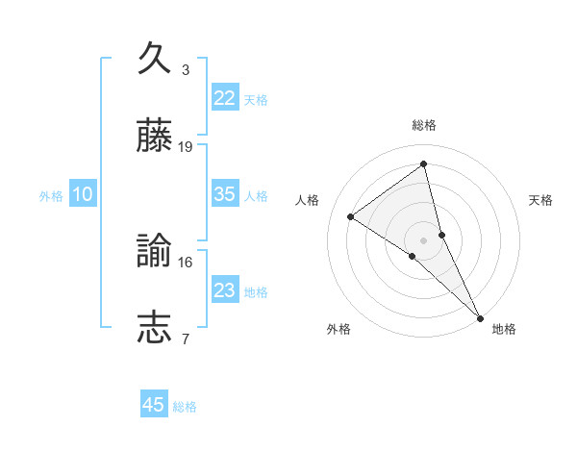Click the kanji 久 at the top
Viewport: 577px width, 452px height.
155,58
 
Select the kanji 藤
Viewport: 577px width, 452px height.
155,137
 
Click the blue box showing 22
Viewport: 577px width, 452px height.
224,98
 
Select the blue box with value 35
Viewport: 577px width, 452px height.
224,194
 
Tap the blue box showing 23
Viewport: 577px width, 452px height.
224,290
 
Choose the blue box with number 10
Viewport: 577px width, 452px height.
82,194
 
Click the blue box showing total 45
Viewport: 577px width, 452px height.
154,405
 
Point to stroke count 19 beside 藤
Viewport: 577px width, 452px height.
186,147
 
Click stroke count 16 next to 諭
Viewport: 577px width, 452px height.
186,262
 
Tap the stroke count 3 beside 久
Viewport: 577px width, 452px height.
186,69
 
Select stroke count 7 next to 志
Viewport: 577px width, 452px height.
186,339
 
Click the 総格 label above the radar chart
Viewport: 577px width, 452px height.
424,125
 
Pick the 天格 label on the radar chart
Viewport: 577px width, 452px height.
540,200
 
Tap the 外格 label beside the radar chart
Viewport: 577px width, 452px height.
339,329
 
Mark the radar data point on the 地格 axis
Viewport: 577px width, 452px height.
479,316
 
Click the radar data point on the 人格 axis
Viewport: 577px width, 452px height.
351,216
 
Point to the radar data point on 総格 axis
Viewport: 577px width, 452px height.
424,163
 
